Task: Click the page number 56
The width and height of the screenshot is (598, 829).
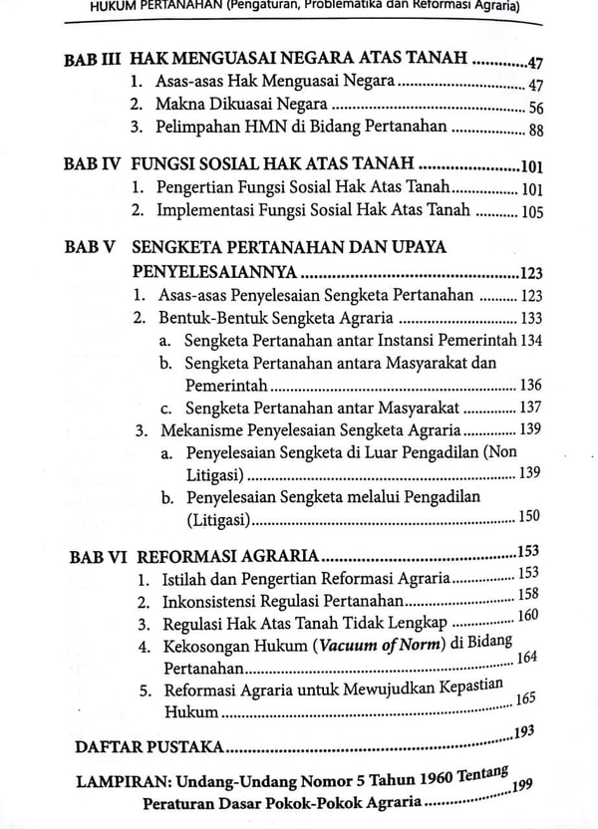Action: point(534,109)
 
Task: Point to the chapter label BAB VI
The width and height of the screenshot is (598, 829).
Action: point(97,556)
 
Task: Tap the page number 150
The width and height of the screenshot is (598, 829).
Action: point(530,516)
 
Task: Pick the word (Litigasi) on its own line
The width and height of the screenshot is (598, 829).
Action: point(218,519)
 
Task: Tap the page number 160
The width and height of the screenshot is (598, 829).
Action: point(528,615)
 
